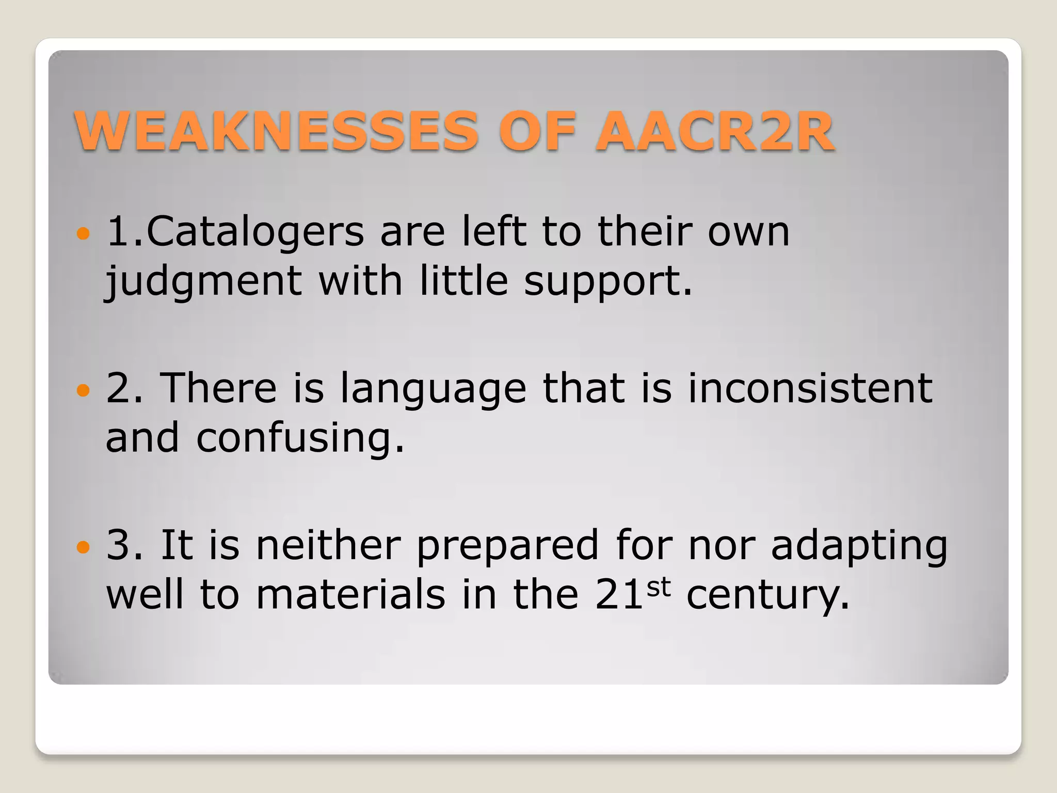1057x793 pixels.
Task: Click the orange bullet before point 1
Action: point(83,234)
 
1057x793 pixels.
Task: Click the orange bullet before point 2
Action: point(83,390)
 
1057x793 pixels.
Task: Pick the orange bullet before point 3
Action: point(83,547)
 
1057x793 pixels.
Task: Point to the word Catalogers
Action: point(255,232)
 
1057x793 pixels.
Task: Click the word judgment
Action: point(204,282)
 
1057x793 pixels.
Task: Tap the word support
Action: point(607,282)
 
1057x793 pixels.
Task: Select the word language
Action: point(434,389)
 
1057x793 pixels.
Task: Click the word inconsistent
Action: point(810,388)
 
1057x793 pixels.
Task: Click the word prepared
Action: point(507,546)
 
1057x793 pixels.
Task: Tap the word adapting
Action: point(859,546)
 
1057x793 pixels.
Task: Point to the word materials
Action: point(350,594)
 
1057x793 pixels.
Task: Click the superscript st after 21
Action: point(659,587)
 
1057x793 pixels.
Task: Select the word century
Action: point(767,595)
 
